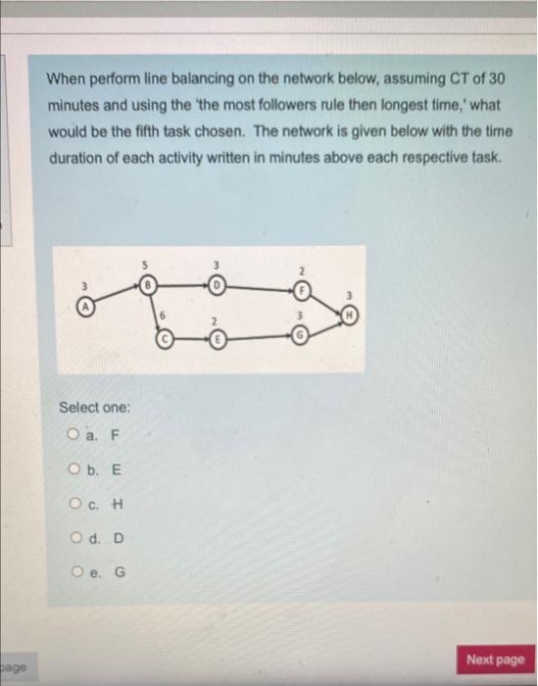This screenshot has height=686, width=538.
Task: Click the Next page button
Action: coord(495,660)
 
